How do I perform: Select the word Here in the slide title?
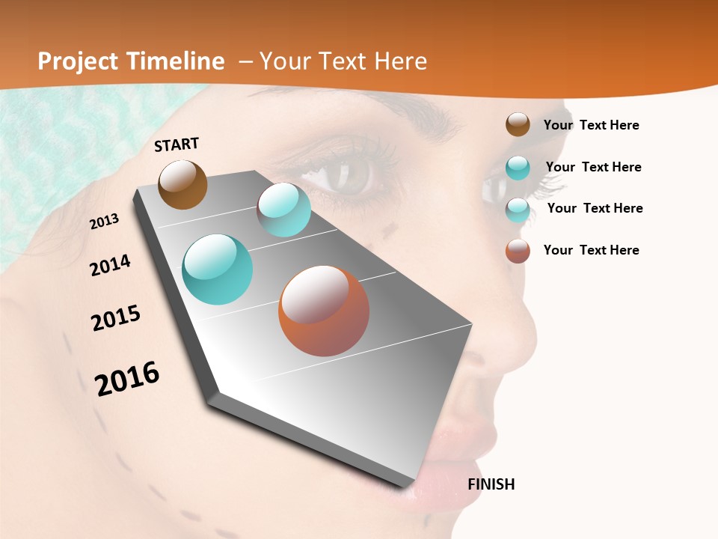tap(400, 61)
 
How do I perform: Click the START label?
tap(177, 144)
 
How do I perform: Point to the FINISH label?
tap(491, 484)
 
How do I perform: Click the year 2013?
tap(105, 222)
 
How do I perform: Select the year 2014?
tap(111, 265)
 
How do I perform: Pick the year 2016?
tap(127, 379)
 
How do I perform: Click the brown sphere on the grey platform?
tap(182, 184)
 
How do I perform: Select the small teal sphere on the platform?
tap(283, 210)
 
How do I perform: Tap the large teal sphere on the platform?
tap(218, 269)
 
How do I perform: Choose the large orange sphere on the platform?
tap(324, 311)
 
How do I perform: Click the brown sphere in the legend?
tap(518, 125)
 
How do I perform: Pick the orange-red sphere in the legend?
tap(518, 251)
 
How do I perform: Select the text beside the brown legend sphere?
tap(591, 125)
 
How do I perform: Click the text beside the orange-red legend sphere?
tap(591, 250)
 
